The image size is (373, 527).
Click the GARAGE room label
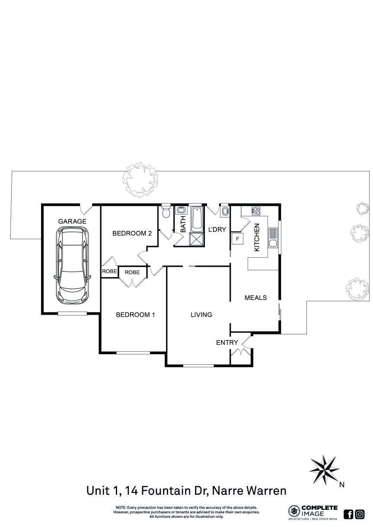[72, 221]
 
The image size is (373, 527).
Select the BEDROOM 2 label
[132, 234]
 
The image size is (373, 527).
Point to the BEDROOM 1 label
[135, 315]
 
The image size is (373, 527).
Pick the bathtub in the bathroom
[197, 219]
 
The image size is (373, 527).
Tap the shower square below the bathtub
[197, 240]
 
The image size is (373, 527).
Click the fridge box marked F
[238, 239]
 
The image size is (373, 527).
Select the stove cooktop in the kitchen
[256, 210]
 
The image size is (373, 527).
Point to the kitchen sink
[273, 238]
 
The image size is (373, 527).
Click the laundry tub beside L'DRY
[225, 211]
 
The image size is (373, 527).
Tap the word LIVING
[201, 315]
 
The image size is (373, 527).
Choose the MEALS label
[256, 298]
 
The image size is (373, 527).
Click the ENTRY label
[227, 343]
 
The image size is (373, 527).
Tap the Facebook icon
[348, 514]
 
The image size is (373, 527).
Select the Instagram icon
[360, 514]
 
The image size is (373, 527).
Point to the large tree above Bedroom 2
[140, 180]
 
